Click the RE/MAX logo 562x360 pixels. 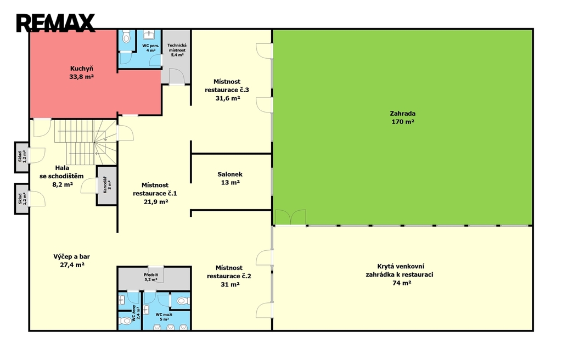point(55,22)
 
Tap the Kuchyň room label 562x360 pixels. point(82,72)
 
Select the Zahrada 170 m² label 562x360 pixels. point(403,117)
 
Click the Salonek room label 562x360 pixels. point(230,178)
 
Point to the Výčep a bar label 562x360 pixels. point(72,261)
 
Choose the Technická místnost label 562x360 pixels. point(177,50)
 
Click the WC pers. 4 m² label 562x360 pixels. point(150,48)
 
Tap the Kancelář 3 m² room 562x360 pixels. point(107,185)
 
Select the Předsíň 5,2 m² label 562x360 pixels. point(151,277)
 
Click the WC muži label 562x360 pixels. point(164,317)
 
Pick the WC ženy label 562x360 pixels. point(136,313)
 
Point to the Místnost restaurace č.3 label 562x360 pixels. point(227,90)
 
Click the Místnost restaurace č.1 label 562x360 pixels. point(155,194)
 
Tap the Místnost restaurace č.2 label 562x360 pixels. point(229,276)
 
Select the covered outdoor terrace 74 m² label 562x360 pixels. point(400,274)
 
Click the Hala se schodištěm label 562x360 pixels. point(61,176)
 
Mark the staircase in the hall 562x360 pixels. point(86,142)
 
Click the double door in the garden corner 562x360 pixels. point(290,218)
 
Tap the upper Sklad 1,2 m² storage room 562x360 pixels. point(21,157)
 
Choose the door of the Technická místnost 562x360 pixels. point(176,76)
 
